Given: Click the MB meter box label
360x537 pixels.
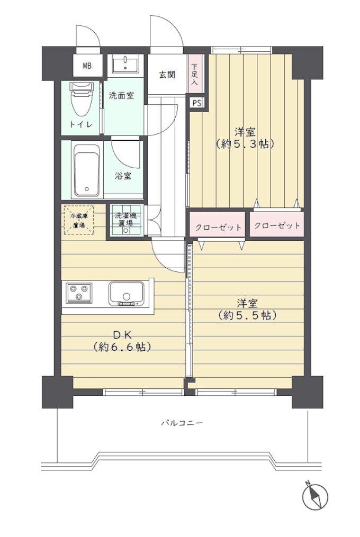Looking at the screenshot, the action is click(x=87, y=66).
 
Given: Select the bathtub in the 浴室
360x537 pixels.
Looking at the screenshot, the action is click(x=87, y=171).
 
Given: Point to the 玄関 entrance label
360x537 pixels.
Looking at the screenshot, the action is click(x=167, y=74).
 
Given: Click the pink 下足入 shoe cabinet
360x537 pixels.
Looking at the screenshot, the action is click(x=195, y=74).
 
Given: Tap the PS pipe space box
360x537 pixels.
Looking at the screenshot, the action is click(x=197, y=103).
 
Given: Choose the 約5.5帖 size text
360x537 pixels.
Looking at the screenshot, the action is click(x=247, y=315).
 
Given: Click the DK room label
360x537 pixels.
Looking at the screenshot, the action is click(x=122, y=334).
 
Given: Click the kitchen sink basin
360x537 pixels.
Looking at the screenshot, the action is click(x=126, y=293).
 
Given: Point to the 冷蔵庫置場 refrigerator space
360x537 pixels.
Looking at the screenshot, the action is click(x=79, y=220).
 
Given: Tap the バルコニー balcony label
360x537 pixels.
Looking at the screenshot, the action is click(x=182, y=423).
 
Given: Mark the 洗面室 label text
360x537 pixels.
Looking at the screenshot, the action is click(x=121, y=96).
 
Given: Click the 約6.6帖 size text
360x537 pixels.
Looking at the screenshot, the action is click(x=122, y=347).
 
